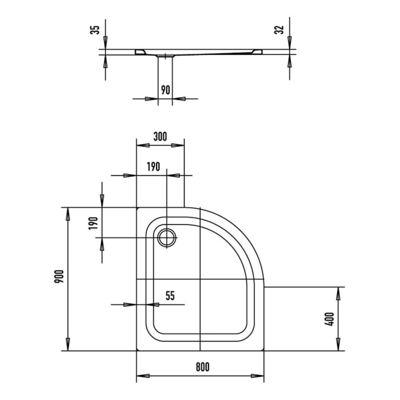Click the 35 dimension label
click(x=95, y=30)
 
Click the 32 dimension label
click(x=279, y=30)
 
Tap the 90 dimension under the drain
click(x=165, y=90)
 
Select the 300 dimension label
click(x=160, y=137)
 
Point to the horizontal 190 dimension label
click(x=153, y=167)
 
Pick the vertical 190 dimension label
click(x=93, y=223)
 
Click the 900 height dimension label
click(x=59, y=277)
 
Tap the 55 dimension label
click(x=170, y=295)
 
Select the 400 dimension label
click(x=329, y=319)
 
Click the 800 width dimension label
click(x=202, y=367)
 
